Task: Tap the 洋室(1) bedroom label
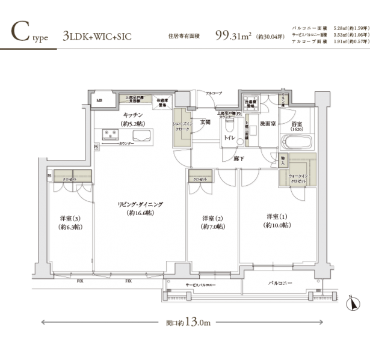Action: (277, 220)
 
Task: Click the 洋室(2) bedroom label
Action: (213, 222)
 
